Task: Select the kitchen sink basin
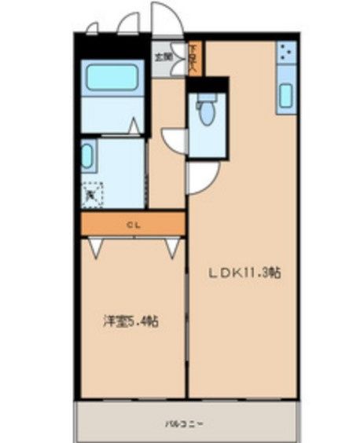pos(285,96)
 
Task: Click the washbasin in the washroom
pos(87,156)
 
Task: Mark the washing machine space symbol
pos(93,191)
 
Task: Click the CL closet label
pos(133,225)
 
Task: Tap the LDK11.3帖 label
pos(244,273)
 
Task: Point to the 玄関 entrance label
pos(163,57)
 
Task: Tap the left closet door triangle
pos(96,247)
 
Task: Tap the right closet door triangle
pos(172,247)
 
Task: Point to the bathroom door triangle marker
pos(134,126)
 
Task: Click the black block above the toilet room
pos(208,84)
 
